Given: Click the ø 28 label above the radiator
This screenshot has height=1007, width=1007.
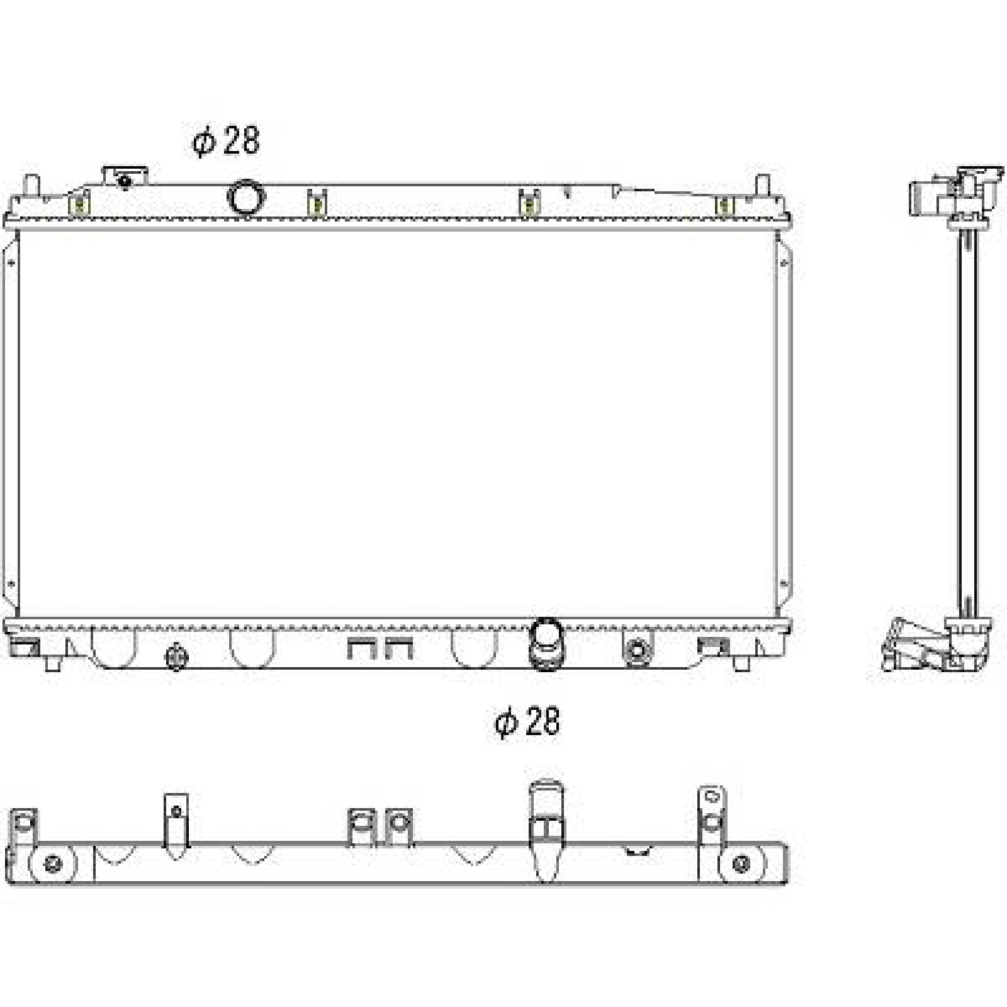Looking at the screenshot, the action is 226,141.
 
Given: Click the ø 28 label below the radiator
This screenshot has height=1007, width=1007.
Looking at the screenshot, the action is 527,721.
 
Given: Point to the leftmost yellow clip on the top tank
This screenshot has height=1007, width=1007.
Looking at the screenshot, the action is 79,205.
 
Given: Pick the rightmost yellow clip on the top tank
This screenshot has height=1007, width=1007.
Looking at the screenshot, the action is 725,205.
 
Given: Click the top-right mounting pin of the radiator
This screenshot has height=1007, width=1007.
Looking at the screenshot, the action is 762,184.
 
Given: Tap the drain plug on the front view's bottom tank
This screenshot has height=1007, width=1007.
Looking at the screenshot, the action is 176,657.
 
